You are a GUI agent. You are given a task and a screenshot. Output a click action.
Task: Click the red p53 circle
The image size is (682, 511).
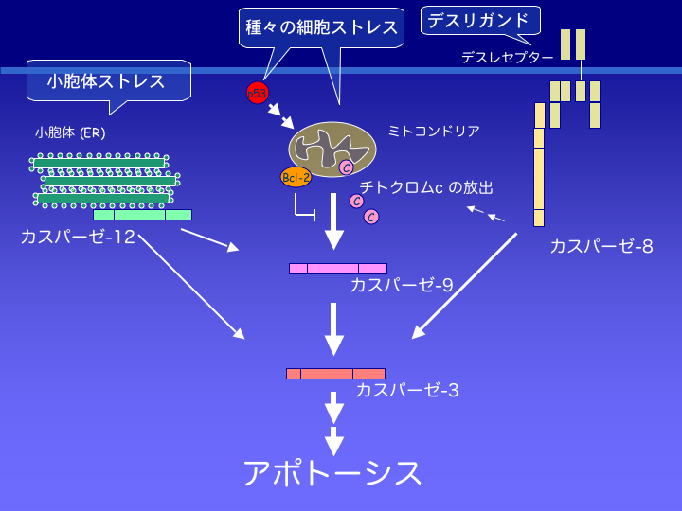257,93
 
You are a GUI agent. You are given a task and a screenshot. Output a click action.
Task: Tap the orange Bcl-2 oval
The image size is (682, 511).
296,177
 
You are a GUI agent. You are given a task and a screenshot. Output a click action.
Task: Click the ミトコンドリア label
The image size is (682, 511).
433,131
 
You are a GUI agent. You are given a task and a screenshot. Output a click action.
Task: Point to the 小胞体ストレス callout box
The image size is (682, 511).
107,81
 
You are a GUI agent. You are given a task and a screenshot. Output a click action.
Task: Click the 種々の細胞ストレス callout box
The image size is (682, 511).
321,27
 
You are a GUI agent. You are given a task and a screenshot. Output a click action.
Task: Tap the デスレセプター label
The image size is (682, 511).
507,58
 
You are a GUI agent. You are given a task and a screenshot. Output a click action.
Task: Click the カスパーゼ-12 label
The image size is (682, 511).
77,237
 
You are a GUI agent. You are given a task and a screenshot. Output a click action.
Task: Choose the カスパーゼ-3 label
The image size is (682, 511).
407,389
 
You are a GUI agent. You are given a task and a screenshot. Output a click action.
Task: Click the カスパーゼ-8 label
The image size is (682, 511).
601,247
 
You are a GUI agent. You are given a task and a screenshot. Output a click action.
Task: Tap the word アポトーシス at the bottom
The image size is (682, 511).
332,472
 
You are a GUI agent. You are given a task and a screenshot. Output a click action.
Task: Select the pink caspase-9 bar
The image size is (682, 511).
337,269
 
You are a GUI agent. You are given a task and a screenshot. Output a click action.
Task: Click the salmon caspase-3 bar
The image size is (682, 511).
335,374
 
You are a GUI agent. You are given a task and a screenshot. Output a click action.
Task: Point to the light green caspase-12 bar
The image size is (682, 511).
142,215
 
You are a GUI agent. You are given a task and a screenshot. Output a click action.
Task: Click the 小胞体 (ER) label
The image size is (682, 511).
70,132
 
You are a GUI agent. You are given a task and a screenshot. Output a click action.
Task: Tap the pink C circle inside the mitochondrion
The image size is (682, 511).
346,167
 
